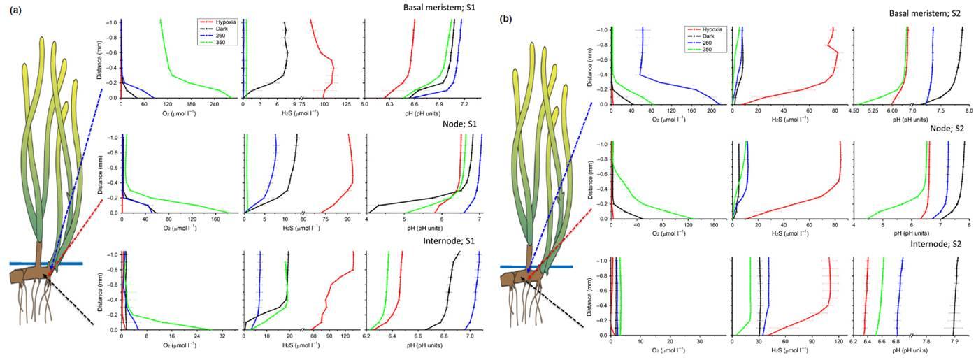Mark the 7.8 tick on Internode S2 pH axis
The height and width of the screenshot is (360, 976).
927,343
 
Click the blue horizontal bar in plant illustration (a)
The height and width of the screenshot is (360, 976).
46,264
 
